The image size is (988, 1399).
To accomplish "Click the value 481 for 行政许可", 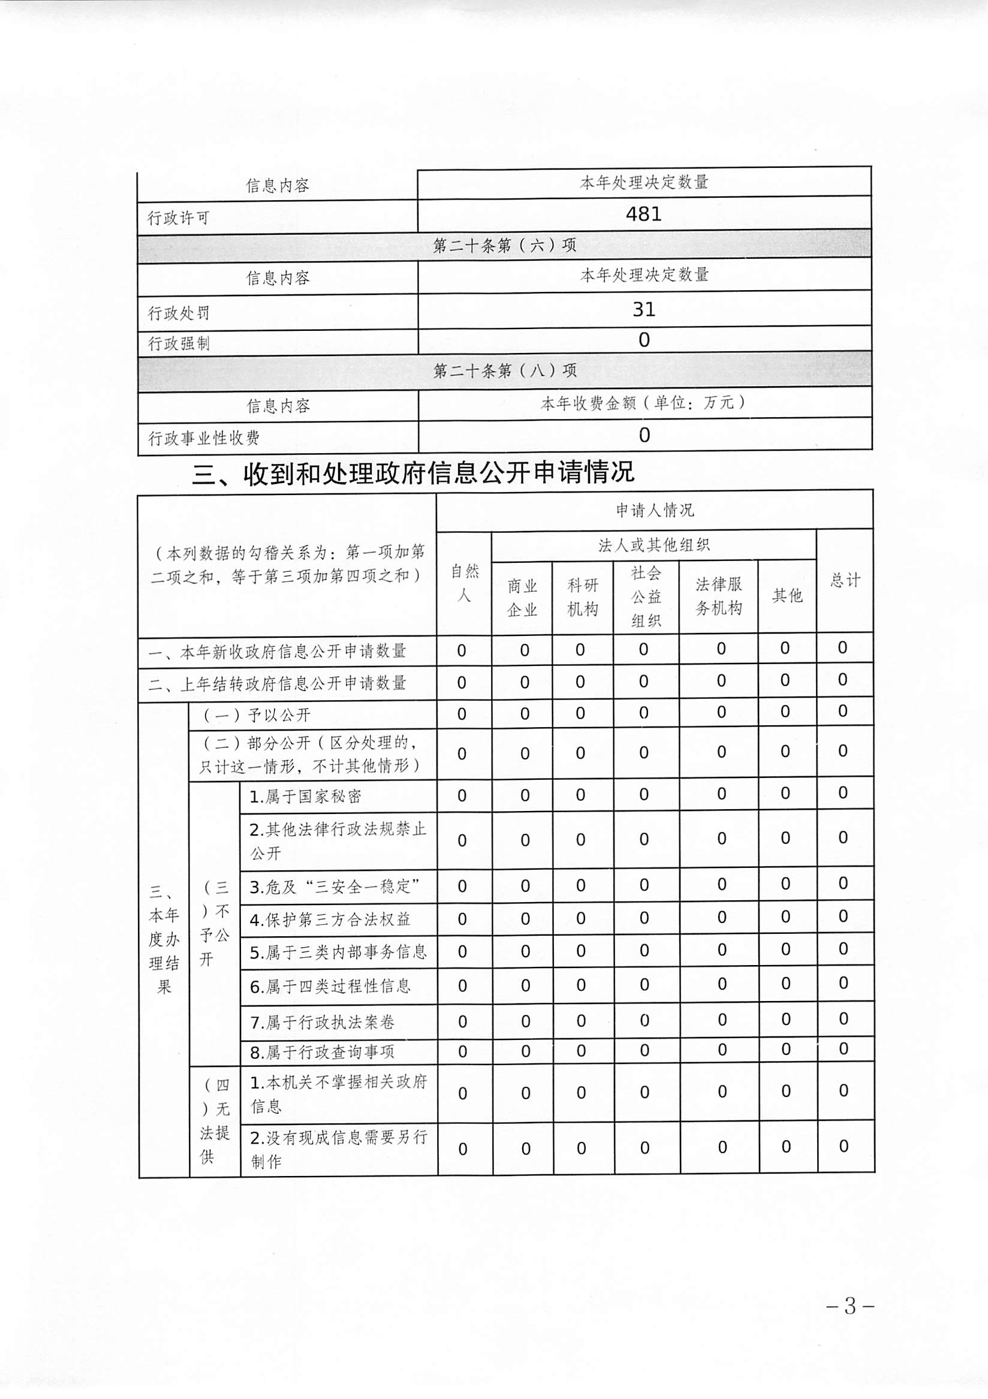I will pos(644,214).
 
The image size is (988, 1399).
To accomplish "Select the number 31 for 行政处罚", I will pos(644,309).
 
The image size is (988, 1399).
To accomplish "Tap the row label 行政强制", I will pos(179,343).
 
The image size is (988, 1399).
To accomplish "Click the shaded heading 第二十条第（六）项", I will pos(504,246).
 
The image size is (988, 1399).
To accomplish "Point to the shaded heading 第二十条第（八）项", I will pos(504,370).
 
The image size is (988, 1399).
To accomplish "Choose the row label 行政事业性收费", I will pos(204,438).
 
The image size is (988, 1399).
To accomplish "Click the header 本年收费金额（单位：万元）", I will pos(644,403).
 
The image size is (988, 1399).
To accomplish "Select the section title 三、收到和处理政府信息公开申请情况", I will pos(413,472).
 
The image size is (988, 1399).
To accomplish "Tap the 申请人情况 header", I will pos(655,510).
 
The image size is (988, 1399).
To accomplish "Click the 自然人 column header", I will pos(465,583).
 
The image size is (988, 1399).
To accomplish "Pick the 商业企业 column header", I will pos(522,597).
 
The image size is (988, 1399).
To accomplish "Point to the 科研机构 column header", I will pos(583,597).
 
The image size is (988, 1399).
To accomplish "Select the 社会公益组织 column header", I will pos(646,596).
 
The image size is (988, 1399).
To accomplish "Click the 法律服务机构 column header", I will pos(719,596).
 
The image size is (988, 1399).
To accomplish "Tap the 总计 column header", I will pos(845,580).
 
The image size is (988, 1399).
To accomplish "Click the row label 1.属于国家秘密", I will pos(305,797).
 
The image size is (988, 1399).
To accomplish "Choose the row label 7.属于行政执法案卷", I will pos(323,1022).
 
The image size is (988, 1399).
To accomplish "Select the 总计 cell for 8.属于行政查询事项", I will pos(844,1048).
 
